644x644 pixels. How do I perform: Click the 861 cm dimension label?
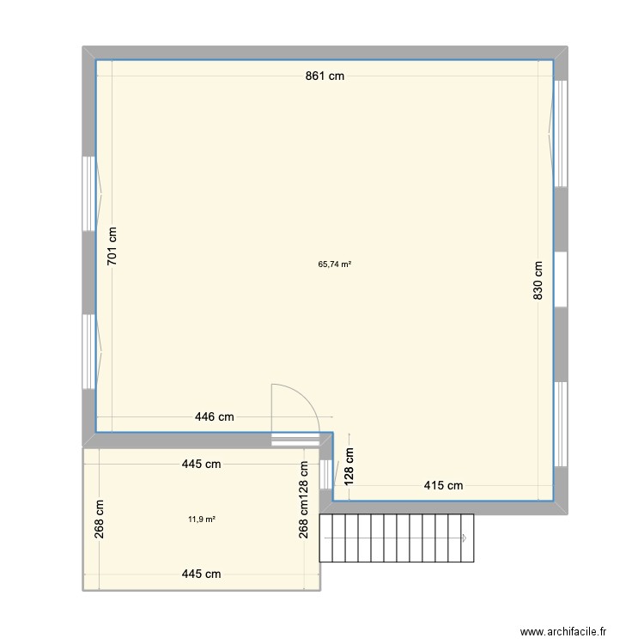[x=325, y=76]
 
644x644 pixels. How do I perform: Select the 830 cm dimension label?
[x=538, y=279]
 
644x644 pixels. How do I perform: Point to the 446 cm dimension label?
[x=214, y=417]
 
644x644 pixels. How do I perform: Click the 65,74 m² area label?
[x=335, y=264]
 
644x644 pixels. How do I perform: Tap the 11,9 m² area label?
[x=202, y=519]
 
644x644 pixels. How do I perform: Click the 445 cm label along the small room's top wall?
[x=201, y=465]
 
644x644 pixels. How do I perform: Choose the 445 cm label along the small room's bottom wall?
[x=201, y=574]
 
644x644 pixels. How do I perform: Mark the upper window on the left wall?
[x=88, y=194]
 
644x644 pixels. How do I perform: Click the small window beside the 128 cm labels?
[x=325, y=475]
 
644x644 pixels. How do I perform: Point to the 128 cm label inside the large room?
[x=350, y=466]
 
